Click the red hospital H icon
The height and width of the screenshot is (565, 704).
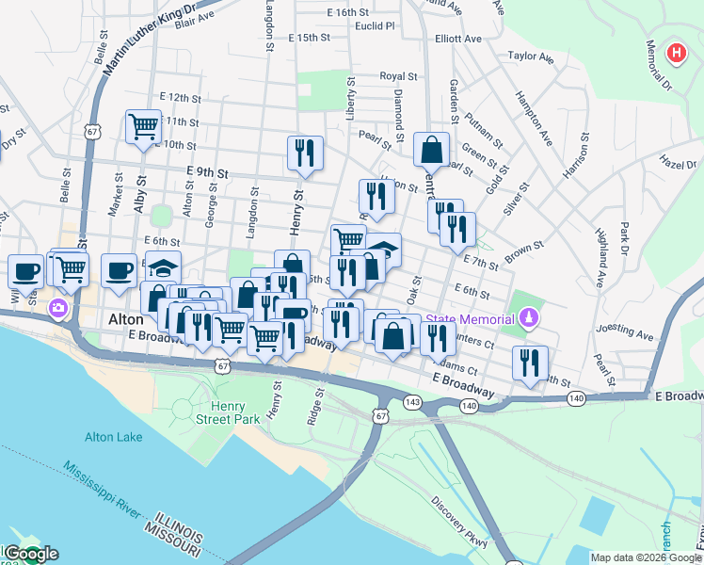[675, 53]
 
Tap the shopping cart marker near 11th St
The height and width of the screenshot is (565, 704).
[143, 126]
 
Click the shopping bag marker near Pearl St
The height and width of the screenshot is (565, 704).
[431, 149]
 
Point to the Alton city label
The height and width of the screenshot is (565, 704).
[125, 320]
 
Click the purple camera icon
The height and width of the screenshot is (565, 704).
[58, 308]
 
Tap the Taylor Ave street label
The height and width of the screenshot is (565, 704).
[531, 56]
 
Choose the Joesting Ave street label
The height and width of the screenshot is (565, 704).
[630, 334]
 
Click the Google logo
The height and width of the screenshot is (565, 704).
[31, 554]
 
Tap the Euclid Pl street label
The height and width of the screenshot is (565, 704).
[375, 26]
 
